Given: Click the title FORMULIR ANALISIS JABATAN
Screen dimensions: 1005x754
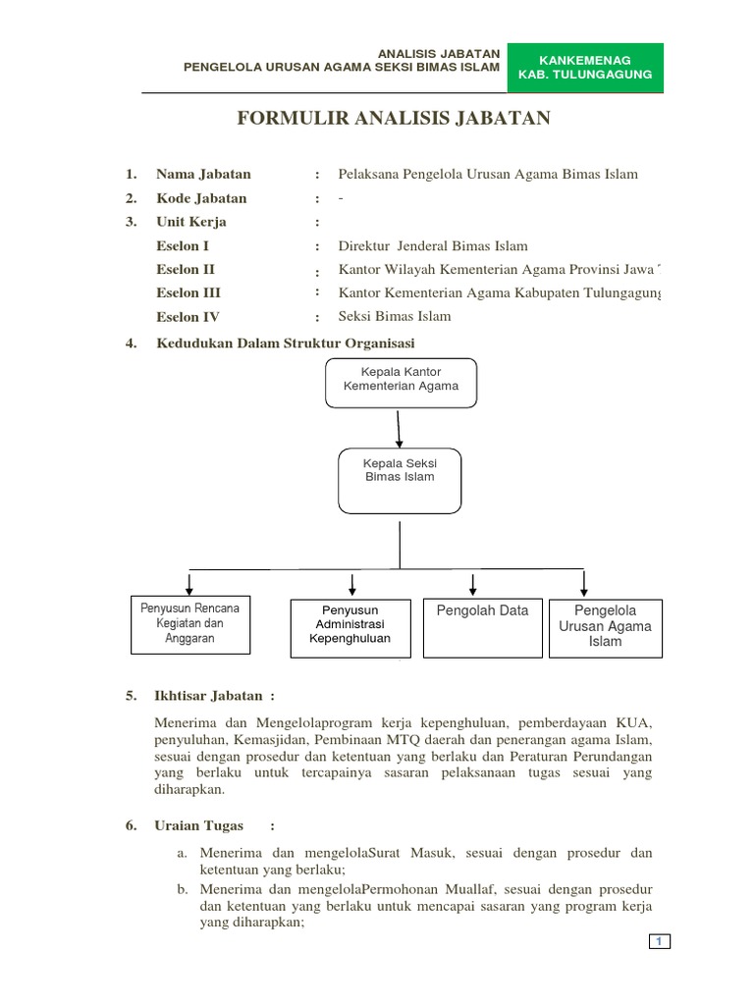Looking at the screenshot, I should pos(394,120).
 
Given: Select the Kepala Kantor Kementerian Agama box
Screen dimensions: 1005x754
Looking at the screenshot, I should pos(401,382).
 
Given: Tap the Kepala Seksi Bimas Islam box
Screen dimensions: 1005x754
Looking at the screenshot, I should pos(399,480).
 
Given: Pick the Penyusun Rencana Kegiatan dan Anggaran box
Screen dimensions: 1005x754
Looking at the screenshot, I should pos(190,623).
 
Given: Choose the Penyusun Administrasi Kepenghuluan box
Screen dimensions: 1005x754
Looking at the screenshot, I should pos(350,625).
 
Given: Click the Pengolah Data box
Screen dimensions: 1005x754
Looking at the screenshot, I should pos(481,626).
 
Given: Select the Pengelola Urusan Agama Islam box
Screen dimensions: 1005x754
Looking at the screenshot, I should pos(605,627).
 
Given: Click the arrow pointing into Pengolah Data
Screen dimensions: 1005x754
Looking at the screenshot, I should pos(473,584).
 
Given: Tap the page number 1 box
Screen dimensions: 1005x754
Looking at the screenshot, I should pos(660,942).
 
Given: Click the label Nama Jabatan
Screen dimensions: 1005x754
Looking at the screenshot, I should pos(203,175).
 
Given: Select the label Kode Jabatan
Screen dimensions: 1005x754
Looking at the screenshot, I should pos(201,198).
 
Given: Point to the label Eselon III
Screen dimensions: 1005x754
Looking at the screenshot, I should pos(188,292).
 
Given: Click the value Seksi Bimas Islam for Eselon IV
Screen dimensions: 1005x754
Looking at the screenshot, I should pos(395,316).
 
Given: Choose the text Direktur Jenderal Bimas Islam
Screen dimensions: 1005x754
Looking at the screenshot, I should pos(433,246).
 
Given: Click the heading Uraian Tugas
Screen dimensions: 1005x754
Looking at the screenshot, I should pos(198,826).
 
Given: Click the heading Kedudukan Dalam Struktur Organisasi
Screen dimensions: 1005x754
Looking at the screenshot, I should pos(286,343).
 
